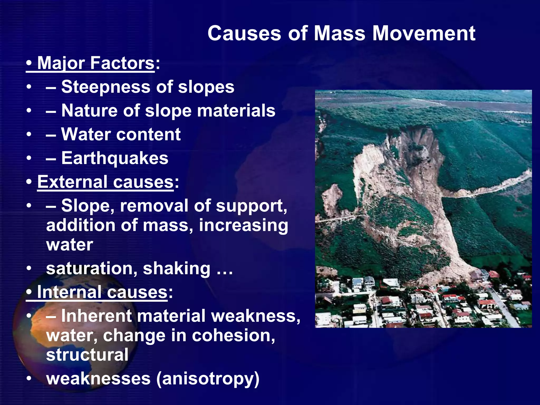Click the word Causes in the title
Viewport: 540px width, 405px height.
tap(244, 33)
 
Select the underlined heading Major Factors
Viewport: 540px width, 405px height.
tap(95, 63)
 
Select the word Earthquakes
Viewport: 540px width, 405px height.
tap(115, 158)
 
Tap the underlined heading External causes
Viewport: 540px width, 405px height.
tap(105, 182)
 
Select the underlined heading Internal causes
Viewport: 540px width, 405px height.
tap(102, 292)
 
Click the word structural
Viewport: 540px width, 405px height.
tap(87, 355)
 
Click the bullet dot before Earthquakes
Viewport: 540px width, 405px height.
tap(29, 158)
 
